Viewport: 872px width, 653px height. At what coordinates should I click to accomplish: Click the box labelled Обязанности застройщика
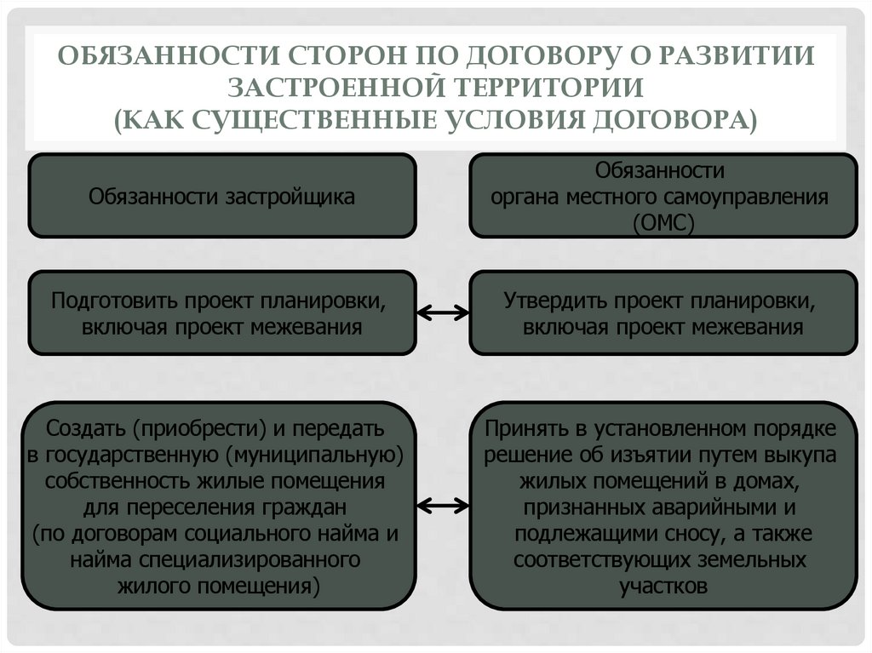coord(222,196)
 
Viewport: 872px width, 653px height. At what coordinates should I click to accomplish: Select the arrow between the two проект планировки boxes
coord(443,312)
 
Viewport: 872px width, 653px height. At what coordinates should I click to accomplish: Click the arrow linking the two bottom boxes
coord(443,505)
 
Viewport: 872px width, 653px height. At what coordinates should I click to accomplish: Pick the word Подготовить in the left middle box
coord(106,301)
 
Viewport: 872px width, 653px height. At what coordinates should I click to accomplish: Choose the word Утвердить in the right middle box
coord(554,301)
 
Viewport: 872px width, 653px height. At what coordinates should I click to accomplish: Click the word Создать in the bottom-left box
coord(85,427)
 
